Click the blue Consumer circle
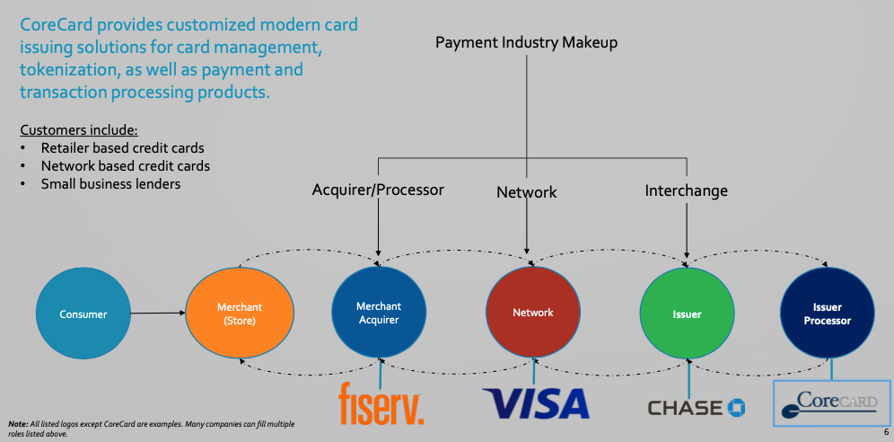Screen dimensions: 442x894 coord(83,314)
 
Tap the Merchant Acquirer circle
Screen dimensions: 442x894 coord(378,314)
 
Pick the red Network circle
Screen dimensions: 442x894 coord(533,313)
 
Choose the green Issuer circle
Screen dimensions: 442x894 coord(687,314)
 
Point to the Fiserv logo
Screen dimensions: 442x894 coord(381,402)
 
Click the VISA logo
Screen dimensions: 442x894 coord(535,402)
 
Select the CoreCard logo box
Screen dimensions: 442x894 coord(831,402)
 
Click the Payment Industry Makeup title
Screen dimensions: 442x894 coord(526,42)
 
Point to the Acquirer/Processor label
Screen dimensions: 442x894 coord(378,190)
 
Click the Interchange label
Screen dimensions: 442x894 coord(686,190)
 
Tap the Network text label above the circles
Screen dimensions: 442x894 coord(527,192)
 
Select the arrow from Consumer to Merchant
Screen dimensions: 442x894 coord(158,314)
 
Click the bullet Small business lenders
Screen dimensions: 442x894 coord(110,184)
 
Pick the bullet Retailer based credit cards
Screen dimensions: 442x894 coord(122,147)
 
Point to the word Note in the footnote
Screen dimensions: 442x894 coord(17,423)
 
